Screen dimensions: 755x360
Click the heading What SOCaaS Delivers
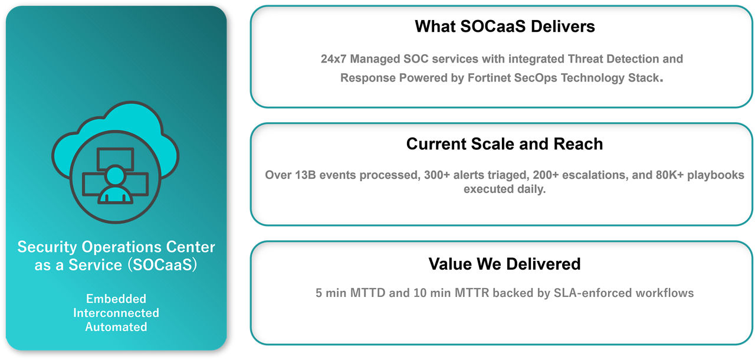click(x=504, y=27)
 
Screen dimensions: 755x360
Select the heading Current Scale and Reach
click(x=504, y=144)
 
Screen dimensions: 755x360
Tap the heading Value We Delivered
click(x=504, y=264)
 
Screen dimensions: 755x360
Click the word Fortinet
click(x=489, y=77)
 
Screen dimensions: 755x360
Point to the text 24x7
click(x=333, y=58)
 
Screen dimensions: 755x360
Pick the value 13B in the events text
click(x=306, y=175)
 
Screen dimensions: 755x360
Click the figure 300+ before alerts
click(x=437, y=175)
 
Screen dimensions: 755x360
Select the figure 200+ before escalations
click(x=546, y=175)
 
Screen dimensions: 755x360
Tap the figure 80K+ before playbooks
click(x=669, y=175)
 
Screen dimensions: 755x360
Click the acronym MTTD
click(x=367, y=293)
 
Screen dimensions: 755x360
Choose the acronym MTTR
click(x=472, y=293)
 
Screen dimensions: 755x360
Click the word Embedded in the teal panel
click(x=116, y=299)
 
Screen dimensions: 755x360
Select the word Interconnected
click(x=116, y=313)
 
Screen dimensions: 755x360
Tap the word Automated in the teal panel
click(x=116, y=327)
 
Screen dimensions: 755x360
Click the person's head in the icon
click(x=115, y=175)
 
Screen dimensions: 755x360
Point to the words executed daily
click(x=504, y=189)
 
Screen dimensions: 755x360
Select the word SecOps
click(x=536, y=78)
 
